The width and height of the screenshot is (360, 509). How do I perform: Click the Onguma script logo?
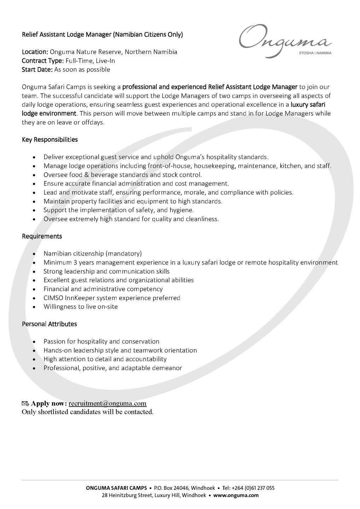click(x=285, y=40)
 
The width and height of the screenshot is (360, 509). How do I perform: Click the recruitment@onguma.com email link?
click(x=108, y=403)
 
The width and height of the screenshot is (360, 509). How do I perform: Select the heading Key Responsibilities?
click(x=50, y=140)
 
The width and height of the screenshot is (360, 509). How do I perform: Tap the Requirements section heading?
click(x=42, y=236)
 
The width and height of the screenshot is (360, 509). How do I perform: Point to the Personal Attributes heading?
click(x=49, y=324)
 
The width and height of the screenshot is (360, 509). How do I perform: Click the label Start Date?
click(x=37, y=70)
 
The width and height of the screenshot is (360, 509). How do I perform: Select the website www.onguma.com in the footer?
click(x=236, y=495)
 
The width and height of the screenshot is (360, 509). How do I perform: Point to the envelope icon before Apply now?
click(x=25, y=403)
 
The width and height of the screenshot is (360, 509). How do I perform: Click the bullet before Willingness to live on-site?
click(x=34, y=307)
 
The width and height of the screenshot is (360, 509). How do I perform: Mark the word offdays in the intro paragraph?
click(x=92, y=122)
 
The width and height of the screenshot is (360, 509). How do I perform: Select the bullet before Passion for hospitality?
click(x=34, y=342)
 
